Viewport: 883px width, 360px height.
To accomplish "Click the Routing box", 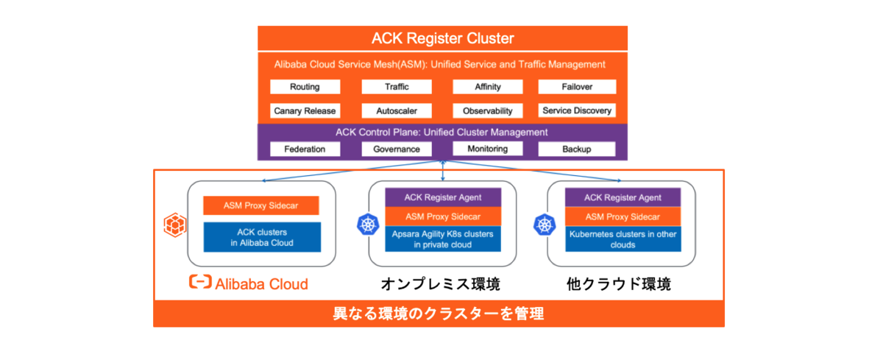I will pos(305,87).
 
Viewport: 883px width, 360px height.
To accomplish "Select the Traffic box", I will pos(397,87).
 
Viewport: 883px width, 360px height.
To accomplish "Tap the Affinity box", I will pos(487,87).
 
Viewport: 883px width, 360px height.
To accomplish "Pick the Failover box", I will pos(576,87).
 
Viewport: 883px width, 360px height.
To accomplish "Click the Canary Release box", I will pos(305,111).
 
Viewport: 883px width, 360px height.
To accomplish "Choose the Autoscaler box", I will pos(397,111).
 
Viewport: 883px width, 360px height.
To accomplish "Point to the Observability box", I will pos(487,111).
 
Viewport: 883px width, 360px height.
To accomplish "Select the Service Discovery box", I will pos(576,111).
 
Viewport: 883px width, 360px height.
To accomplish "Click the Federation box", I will pos(305,149).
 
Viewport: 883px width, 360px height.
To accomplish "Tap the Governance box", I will pos(397,149).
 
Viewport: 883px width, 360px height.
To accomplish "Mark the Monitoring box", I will pos(487,149).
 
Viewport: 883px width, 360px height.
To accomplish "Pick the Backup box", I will pos(576,149).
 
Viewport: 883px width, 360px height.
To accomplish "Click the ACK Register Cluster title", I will pos(442,38).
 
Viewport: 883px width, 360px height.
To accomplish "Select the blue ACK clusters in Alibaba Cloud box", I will pos(261,237).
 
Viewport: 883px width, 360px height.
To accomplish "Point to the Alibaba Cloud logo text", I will pos(249,283).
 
